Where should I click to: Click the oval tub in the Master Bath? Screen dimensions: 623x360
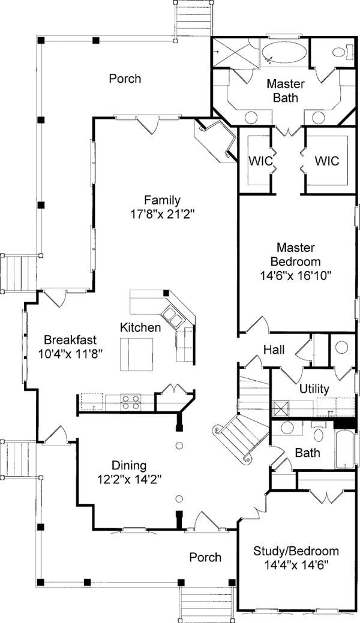[284, 52]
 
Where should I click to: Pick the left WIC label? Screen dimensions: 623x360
[261, 161]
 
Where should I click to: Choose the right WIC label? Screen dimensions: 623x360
[326, 161]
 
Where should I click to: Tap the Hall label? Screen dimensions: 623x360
[274, 350]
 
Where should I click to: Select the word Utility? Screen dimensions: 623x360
[314, 389]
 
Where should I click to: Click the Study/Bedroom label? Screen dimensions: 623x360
[296, 551]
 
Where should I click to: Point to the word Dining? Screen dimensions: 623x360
[129, 465]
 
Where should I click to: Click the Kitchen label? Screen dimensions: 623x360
[140, 327]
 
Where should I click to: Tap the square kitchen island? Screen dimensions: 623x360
[136, 354]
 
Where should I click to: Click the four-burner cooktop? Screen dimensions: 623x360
[131, 401]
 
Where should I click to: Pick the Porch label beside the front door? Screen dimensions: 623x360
[205, 557]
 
